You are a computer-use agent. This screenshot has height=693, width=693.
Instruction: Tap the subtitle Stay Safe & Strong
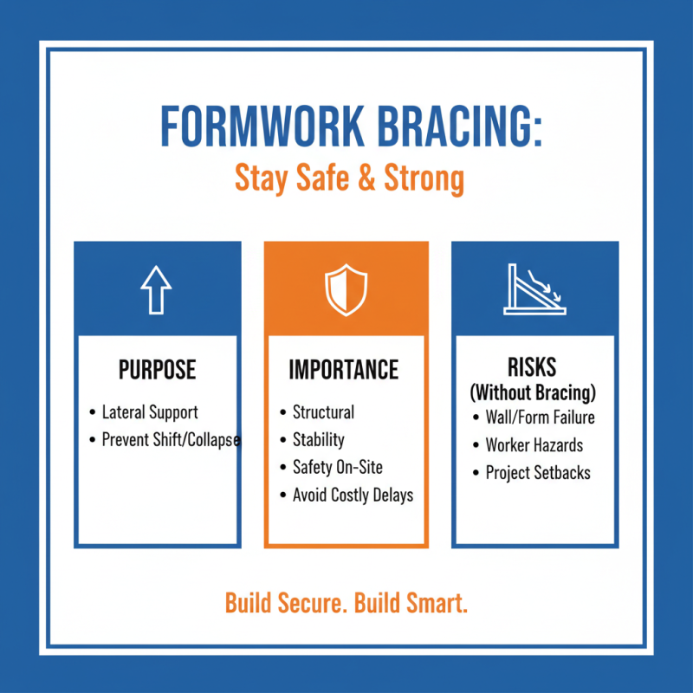click(349, 179)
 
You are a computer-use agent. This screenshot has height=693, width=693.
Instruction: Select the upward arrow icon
click(156, 288)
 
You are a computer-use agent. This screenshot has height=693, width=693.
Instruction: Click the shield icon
click(346, 289)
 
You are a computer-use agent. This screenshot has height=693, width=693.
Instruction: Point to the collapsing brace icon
click(534, 288)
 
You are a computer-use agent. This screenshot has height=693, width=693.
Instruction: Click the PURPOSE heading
click(157, 371)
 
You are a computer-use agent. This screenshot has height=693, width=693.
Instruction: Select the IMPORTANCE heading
click(344, 370)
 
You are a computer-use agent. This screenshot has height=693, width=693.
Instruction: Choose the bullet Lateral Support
click(150, 412)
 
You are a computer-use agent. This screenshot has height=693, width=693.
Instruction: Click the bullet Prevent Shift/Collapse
click(171, 440)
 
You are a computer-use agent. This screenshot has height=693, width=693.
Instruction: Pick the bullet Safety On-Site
click(337, 468)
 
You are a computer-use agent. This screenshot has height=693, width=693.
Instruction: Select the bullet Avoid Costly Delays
click(353, 495)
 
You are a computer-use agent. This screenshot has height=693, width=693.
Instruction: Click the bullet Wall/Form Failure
click(540, 418)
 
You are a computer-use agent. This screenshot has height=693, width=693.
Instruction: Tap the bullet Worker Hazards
click(534, 446)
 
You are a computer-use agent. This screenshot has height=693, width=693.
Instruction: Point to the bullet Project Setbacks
click(538, 474)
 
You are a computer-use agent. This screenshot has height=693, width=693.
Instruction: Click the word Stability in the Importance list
click(318, 440)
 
